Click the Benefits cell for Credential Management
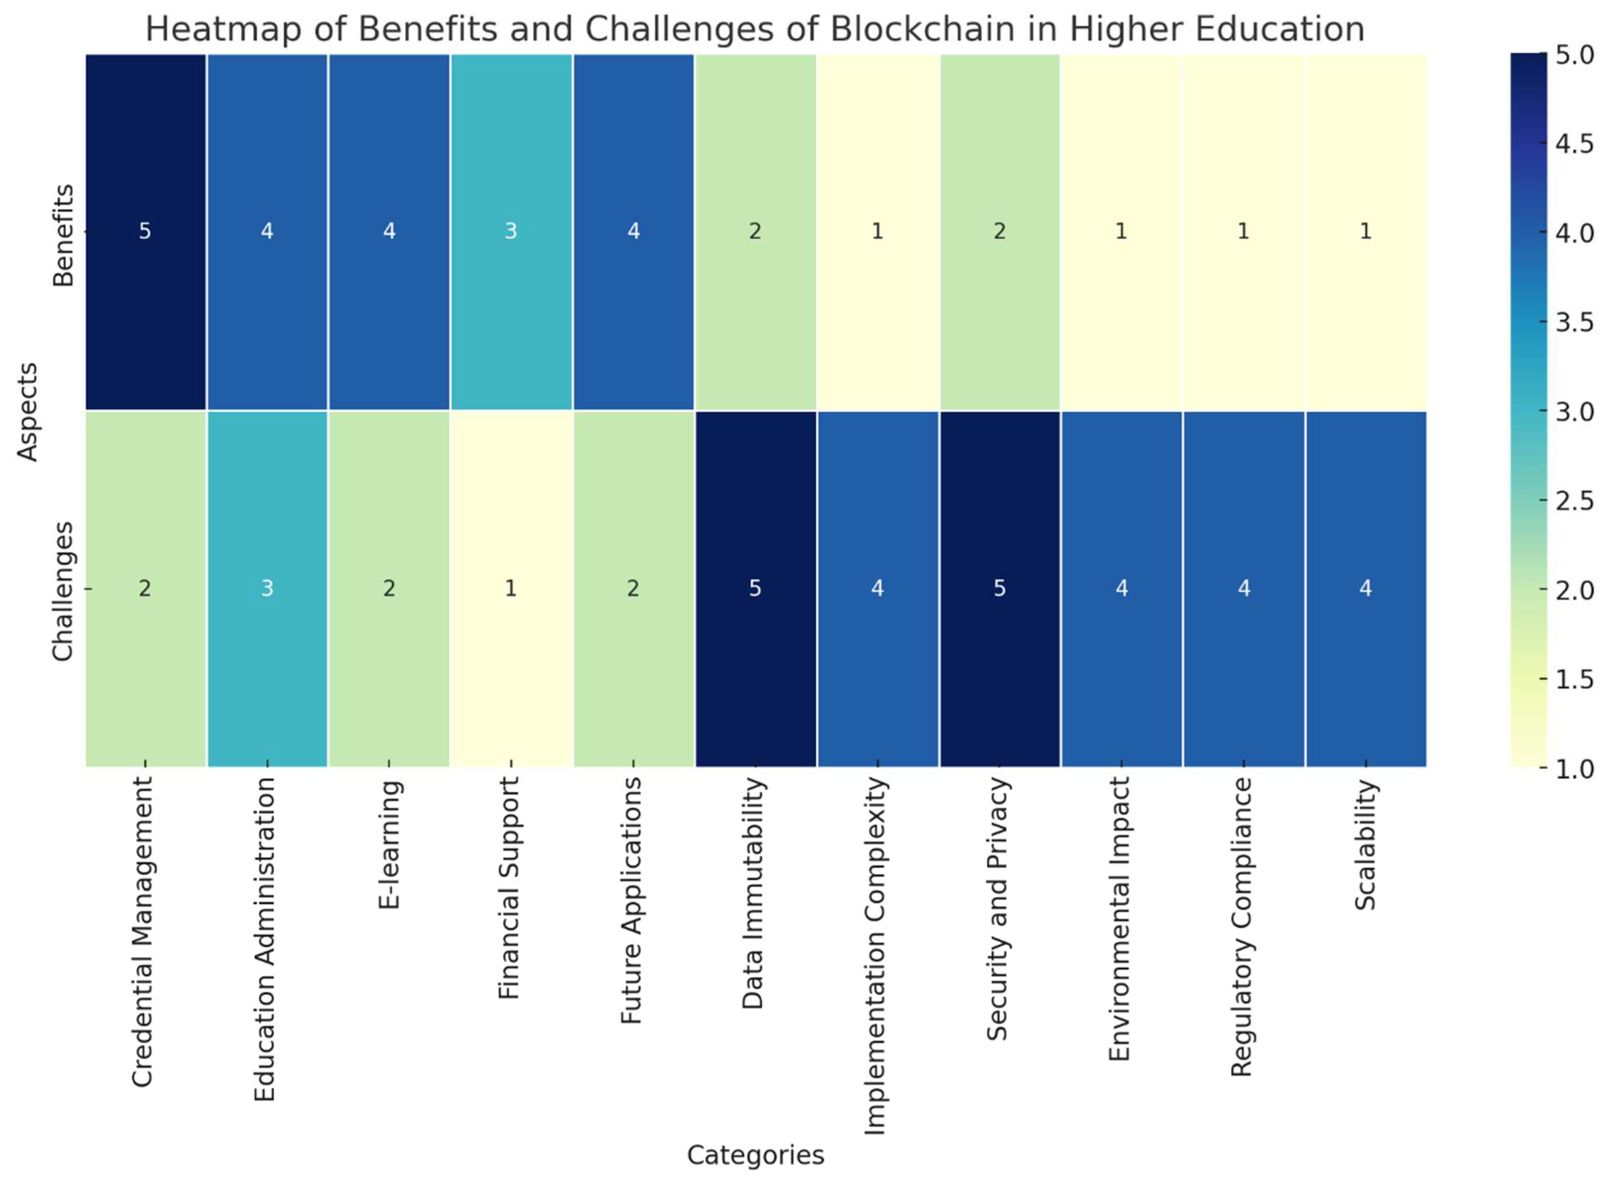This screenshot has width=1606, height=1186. (145, 231)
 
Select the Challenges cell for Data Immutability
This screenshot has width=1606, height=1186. (755, 589)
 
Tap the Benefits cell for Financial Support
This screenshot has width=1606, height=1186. (511, 231)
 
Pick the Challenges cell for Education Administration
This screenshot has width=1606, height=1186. (267, 589)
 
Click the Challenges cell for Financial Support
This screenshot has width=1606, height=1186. (511, 589)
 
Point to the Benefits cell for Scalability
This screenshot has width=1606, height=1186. (1365, 231)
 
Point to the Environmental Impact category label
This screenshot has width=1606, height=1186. (1120, 919)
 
